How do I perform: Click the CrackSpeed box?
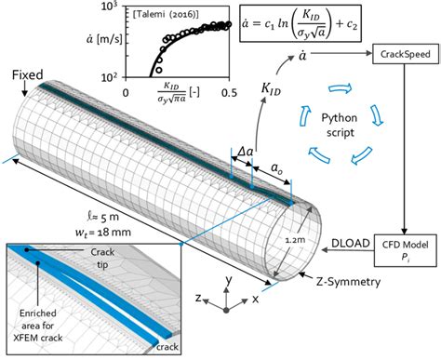pyautogui.click(x=406, y=54)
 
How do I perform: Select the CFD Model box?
pyautogui.click(x=405, y=250)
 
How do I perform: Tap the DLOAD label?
pyautogui.click(x=351, y=243)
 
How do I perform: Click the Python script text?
pyautogui.click(x=341, y=126)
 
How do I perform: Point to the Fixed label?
pyautogui.click(x=27, y=75)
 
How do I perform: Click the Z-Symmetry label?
pyautogui.click(x=348, y=282)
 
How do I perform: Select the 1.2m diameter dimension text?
pyautogui.click(x=295, y=240)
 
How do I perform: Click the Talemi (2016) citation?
pyautogui.click(x=166, y=14)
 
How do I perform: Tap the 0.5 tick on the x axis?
pyautogui.click(x=229, y=93)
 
